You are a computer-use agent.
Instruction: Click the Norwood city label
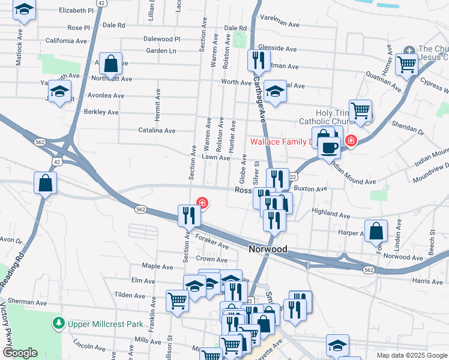[x=268, y=249]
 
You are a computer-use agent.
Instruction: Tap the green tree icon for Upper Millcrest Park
[x=58, y=324]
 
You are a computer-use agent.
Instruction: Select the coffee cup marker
[x=328, y=146]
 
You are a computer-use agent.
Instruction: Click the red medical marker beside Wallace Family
[x=351, y=142]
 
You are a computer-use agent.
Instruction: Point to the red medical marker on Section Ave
[x=203, y=203]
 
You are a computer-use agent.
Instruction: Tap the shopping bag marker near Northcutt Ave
[x=110, y=63]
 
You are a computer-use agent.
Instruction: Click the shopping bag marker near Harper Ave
[x=376, y=230]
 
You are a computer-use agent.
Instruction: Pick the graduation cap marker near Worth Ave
[x=275, y=91]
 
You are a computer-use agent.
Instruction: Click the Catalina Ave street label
[x=157, y=130]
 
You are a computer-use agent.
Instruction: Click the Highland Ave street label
[x=331, y=213]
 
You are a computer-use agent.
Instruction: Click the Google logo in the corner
[x=20, y=353]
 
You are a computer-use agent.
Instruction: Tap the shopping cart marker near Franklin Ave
[x=178, y=301]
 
